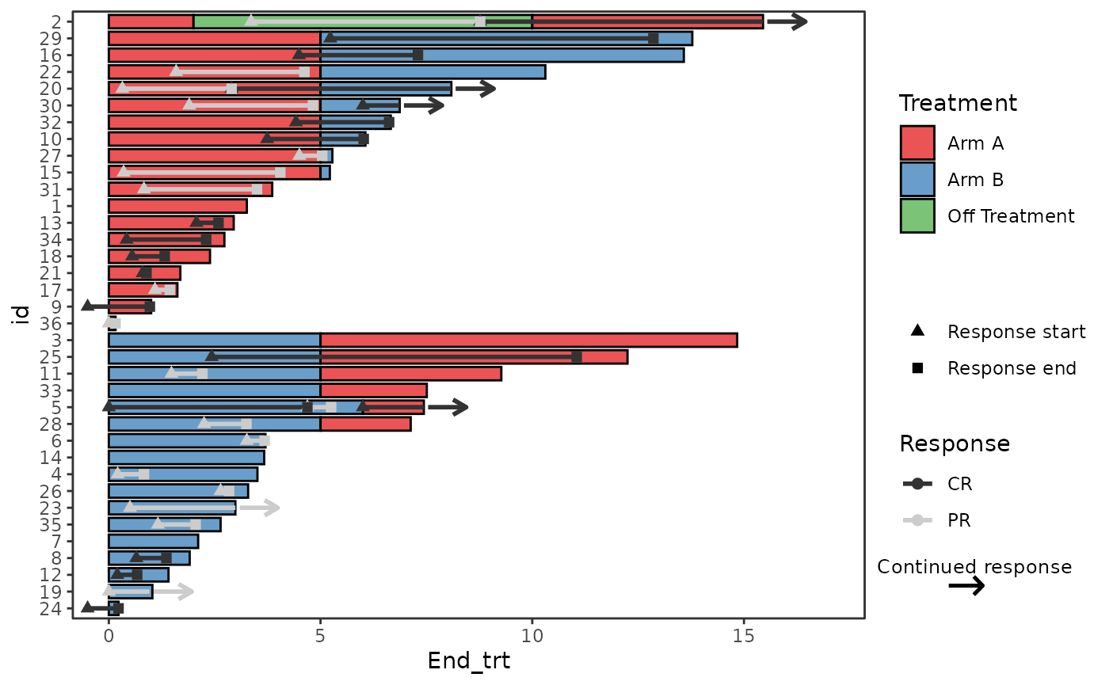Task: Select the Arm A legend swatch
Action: pyautogui.click(x=917, y=143)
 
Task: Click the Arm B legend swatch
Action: pyautogui.click(x=917, y=180)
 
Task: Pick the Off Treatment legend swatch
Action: pyautogui.click(x=917, y=216)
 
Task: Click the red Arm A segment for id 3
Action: pyautogui.click(x=528, y=340)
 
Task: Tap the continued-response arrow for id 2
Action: pyautogui.click(x=787, y=21)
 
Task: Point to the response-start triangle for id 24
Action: pyautogui.click(x=87, y=607)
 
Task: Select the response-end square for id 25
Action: pyautogui.click(x=577, y=357)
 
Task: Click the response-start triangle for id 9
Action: pyautogui.click(x=87, y=306)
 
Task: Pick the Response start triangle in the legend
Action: pyautogui.click(x=917, y=330)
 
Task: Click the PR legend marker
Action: pyautogui.click(x=917, y=520)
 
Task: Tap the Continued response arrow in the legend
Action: pyautogui.click(x=966, y=586)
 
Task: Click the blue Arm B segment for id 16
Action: pyautogui.click(x=502, y=55)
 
